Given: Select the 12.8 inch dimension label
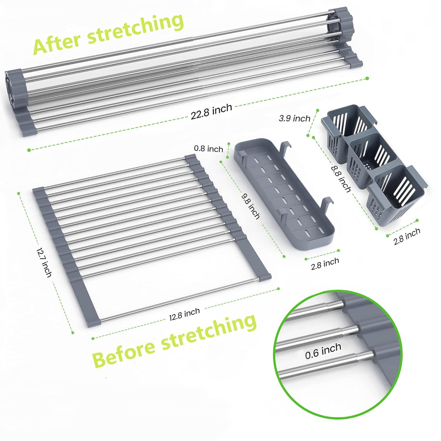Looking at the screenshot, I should [184, 314].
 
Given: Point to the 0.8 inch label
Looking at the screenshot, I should [208, 149].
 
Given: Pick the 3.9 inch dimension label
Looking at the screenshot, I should [295, 118].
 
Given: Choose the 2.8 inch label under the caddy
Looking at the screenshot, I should [407, 236].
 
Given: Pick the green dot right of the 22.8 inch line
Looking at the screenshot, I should [367, 78].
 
